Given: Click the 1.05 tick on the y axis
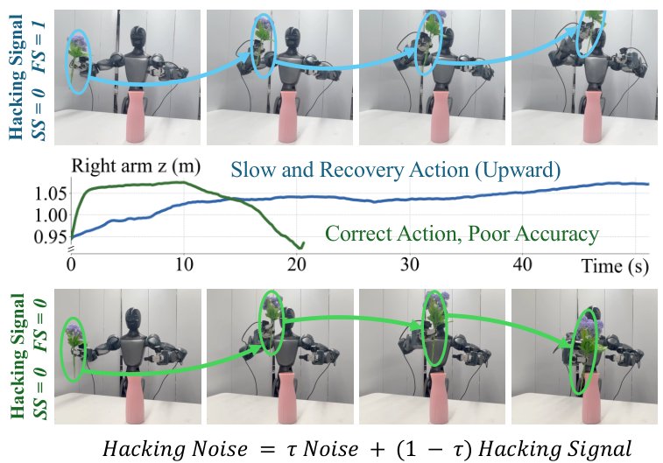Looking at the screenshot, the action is (x=50, y=195).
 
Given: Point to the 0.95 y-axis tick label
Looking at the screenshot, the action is (x=50, y=236).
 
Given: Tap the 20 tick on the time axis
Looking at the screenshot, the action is (x=296, y=265).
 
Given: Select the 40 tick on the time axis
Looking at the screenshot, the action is (x=522, y=265).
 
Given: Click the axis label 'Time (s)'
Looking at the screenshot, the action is (x=615, y=266).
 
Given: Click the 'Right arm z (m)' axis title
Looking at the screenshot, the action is (x=136, y=166).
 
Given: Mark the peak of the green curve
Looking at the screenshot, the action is (x=182, y=182).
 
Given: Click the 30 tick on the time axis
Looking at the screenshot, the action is (x=409, y=265).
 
